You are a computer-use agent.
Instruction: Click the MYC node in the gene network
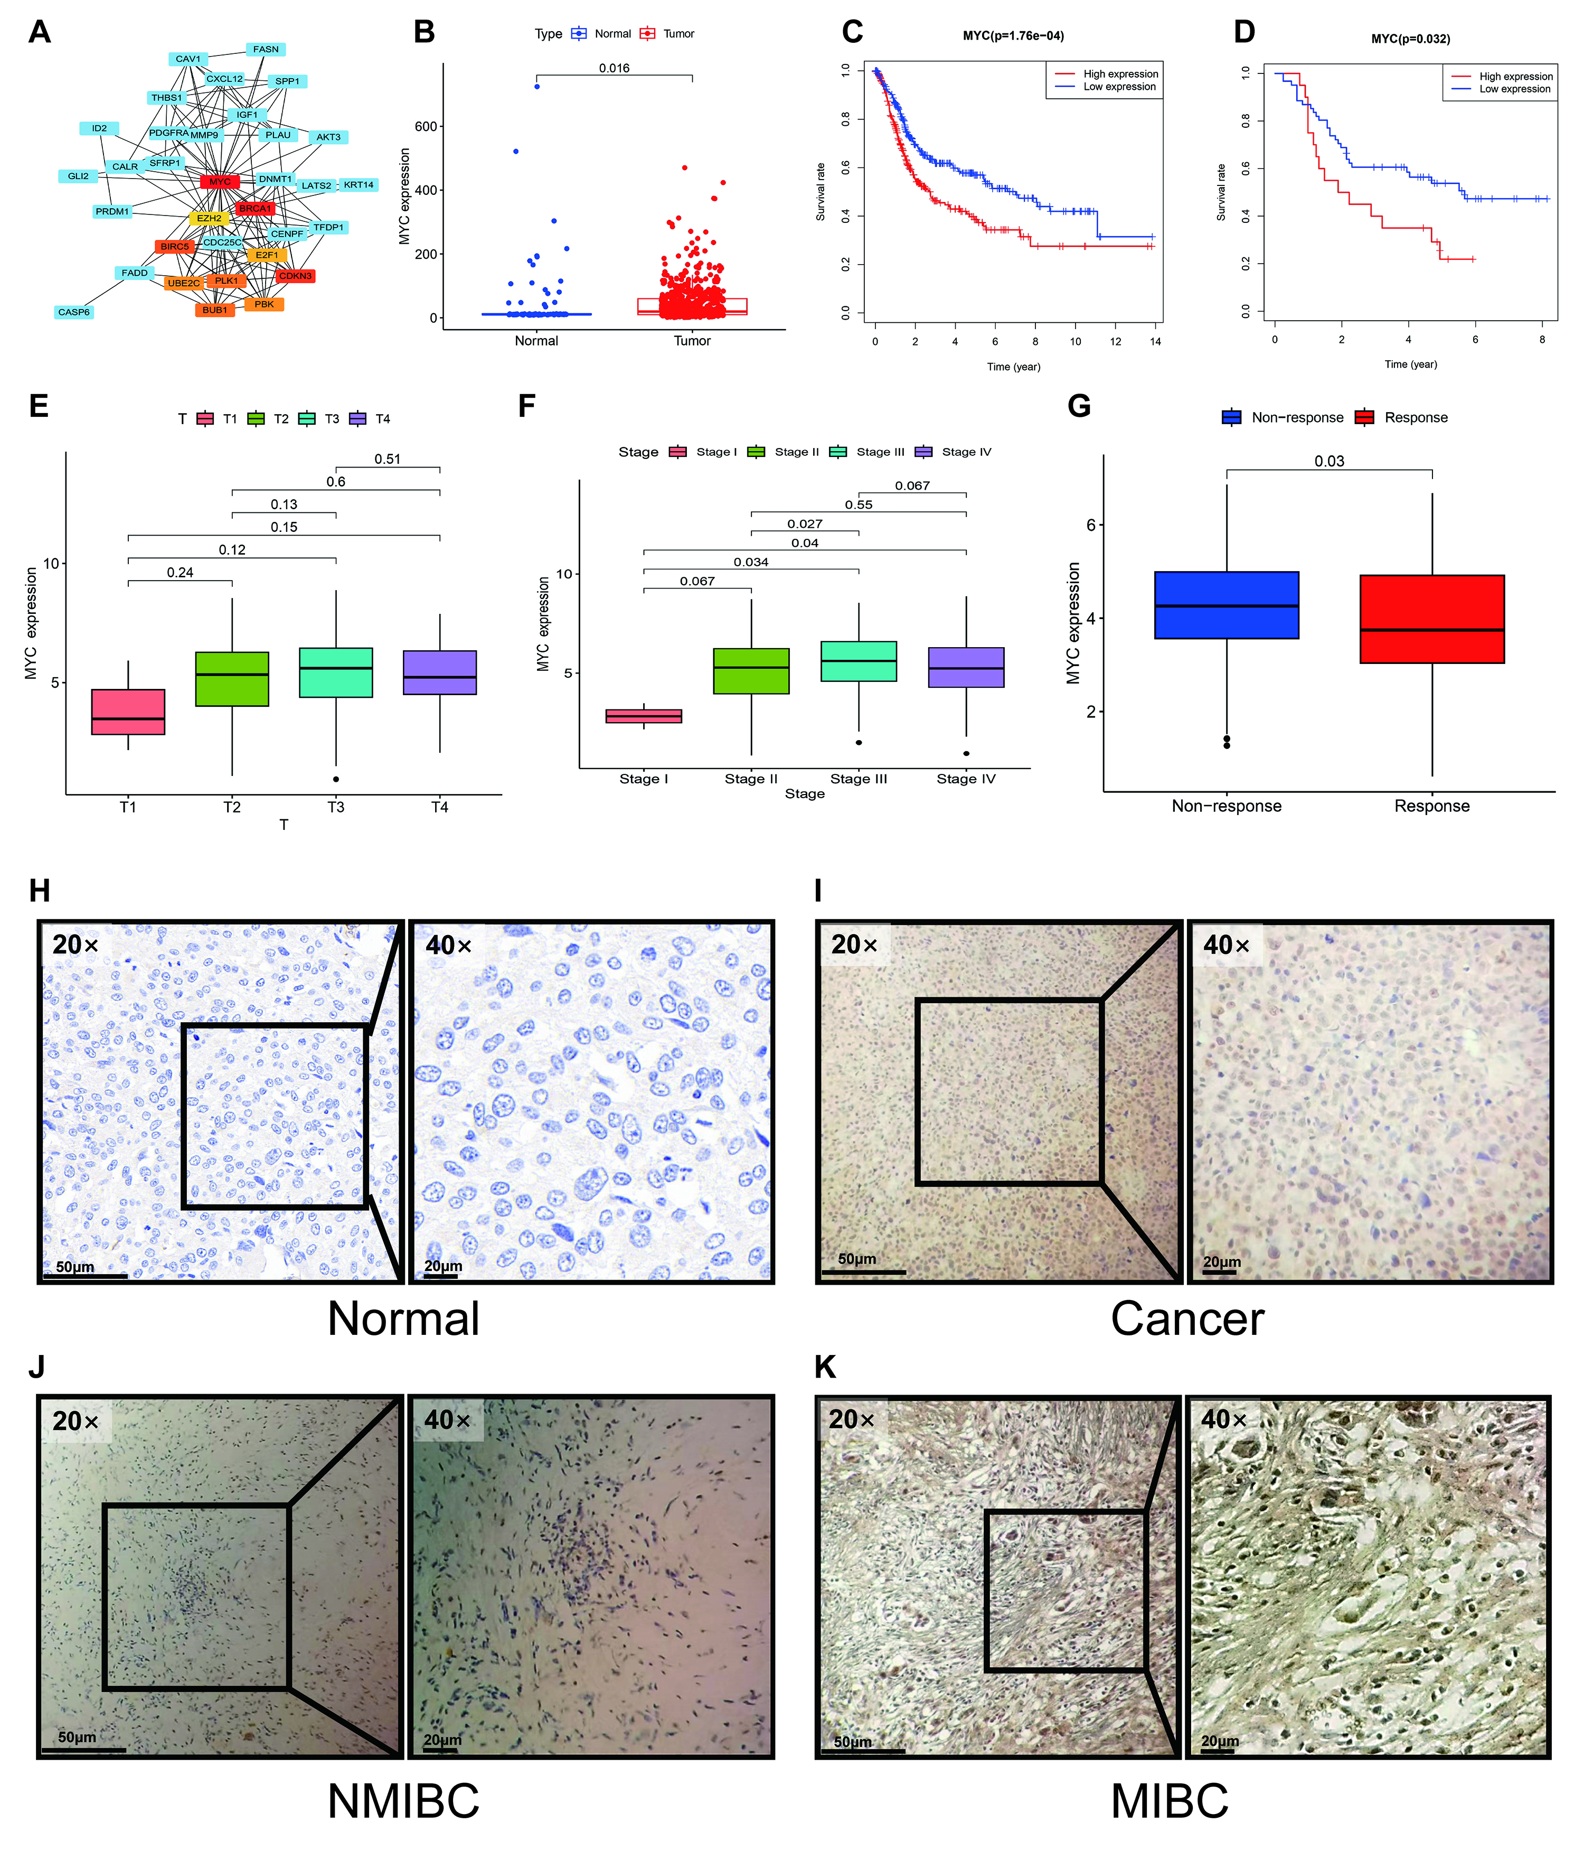click(x=220, y=181)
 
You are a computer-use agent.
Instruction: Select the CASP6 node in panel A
click(x=73, y=312)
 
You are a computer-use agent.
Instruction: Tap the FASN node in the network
click(x=266, y=49)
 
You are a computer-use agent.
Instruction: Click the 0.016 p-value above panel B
click(x=614, y=68)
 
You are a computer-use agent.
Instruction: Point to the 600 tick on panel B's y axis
click(x=426, y=127)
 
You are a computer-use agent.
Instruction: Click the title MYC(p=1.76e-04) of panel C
click(x=1013, y=36)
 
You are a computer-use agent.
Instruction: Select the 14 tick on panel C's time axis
click(x=1155, y=342)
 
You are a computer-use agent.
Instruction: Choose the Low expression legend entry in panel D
click(x=1514, y=89)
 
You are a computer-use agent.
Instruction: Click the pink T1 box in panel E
click(x=128, y=712)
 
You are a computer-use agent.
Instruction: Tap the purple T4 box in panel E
click(x=440, y=672)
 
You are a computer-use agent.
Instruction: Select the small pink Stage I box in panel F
click(x=644, y=715)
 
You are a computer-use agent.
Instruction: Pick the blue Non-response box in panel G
click(x=1226, y=605)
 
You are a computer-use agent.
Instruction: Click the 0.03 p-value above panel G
click(x=1328, y=461)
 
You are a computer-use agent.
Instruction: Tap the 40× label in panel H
click(x=448, y=945)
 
